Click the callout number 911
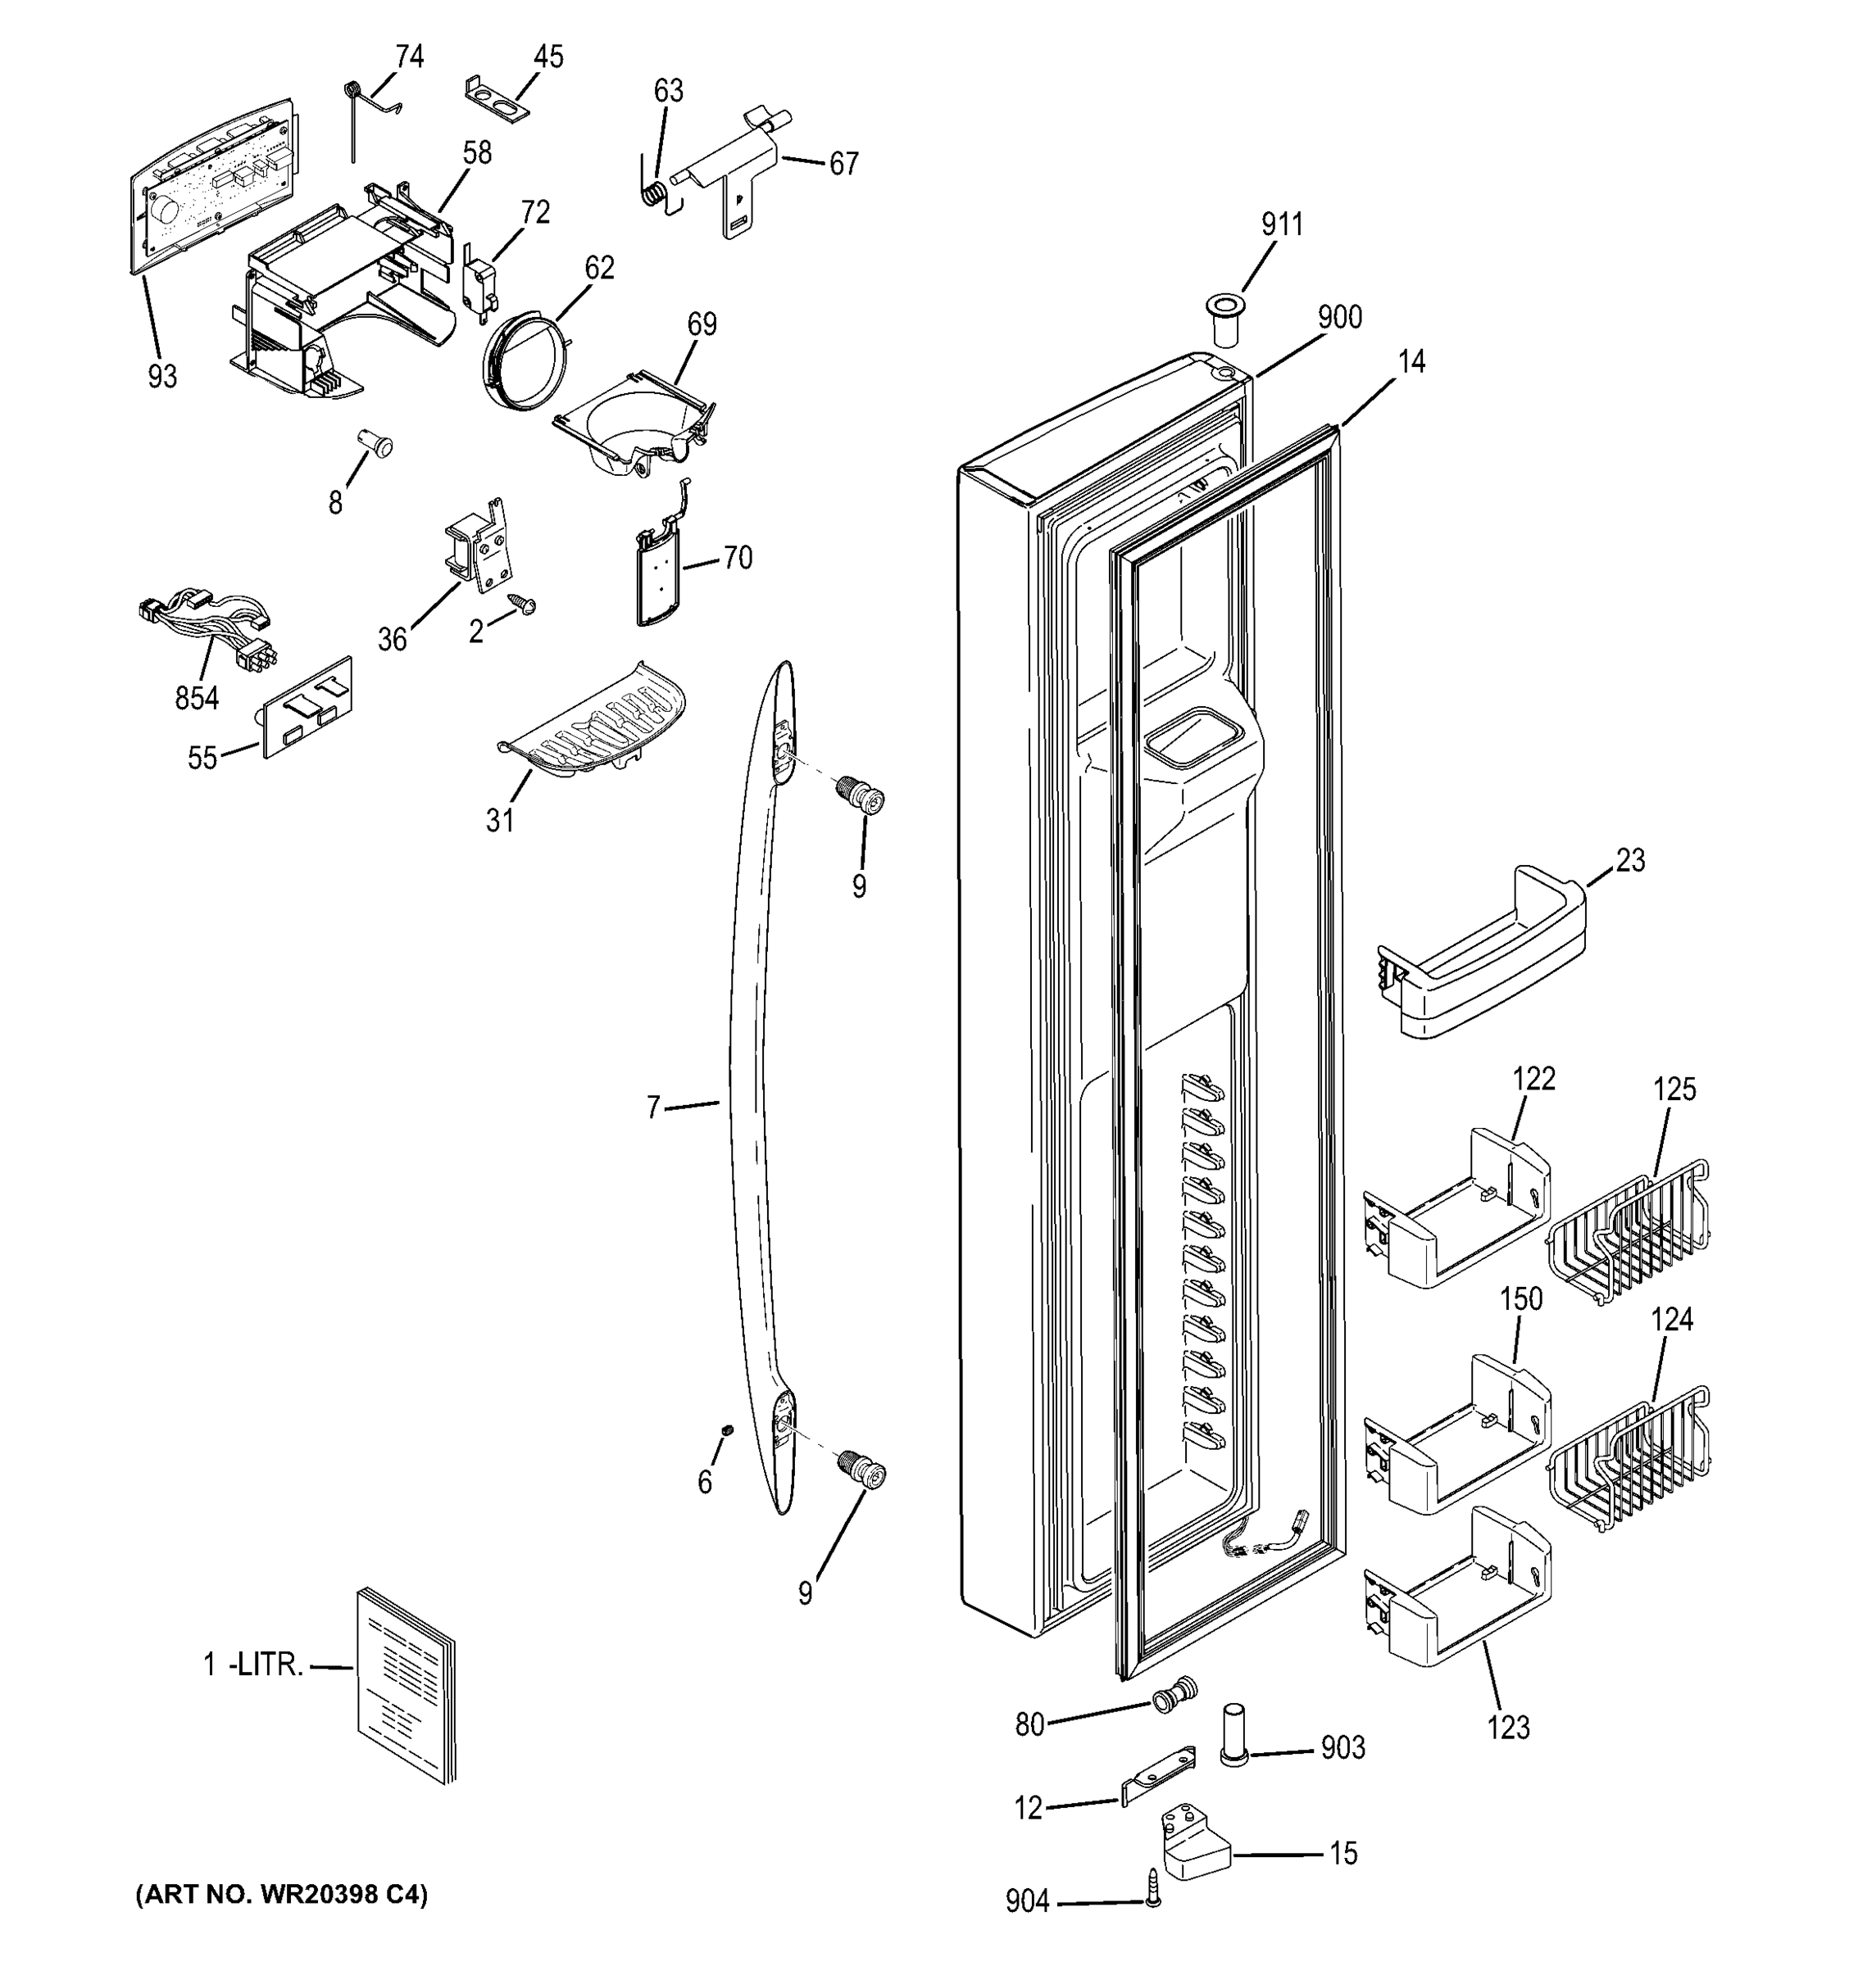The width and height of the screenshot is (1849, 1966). tap(1281, 225)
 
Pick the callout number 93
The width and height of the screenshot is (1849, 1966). tap(162, 377)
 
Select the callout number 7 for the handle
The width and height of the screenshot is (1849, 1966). tap(653, 1108)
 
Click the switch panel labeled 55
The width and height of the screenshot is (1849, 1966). tap(307, 705)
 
